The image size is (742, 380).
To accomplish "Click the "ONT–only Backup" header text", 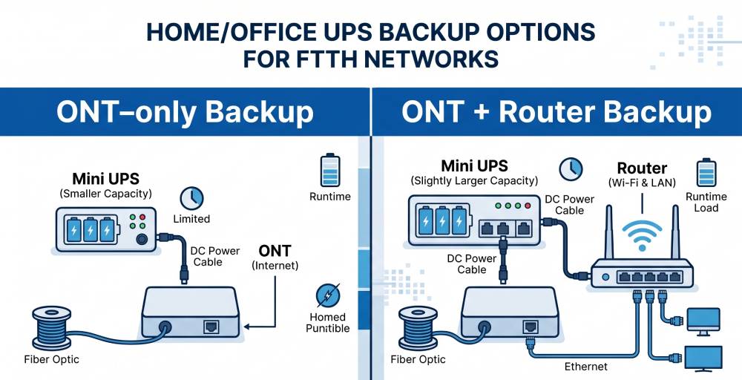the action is click(185, 112).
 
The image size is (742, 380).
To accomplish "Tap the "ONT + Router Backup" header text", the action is click(556, 112).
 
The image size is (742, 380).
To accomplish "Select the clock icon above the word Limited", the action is click(191, 198).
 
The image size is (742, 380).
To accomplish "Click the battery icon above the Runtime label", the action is click(330, 170).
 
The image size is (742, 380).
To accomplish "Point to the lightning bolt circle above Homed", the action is click(328, 296).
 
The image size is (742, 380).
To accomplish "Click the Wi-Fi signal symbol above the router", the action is click(642, 235).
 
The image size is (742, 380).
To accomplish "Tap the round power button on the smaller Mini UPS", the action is click(142, 240).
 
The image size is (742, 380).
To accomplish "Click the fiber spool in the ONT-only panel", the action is click(52, 327).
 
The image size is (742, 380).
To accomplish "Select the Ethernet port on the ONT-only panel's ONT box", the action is click(211, 327).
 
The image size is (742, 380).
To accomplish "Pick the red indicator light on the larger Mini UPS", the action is click(528, 206).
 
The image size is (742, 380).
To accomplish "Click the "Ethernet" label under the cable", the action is click(586, 367).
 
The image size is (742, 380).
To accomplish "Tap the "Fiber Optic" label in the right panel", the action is click(418, 360).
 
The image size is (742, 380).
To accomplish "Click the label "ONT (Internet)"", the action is click(275, 258).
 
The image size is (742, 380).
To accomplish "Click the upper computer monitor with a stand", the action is click(703, 322).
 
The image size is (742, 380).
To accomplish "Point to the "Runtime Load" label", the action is click(706, 202).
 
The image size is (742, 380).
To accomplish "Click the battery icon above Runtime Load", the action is click(706, 173).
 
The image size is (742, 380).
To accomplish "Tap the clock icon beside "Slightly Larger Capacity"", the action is click(571, 169).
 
